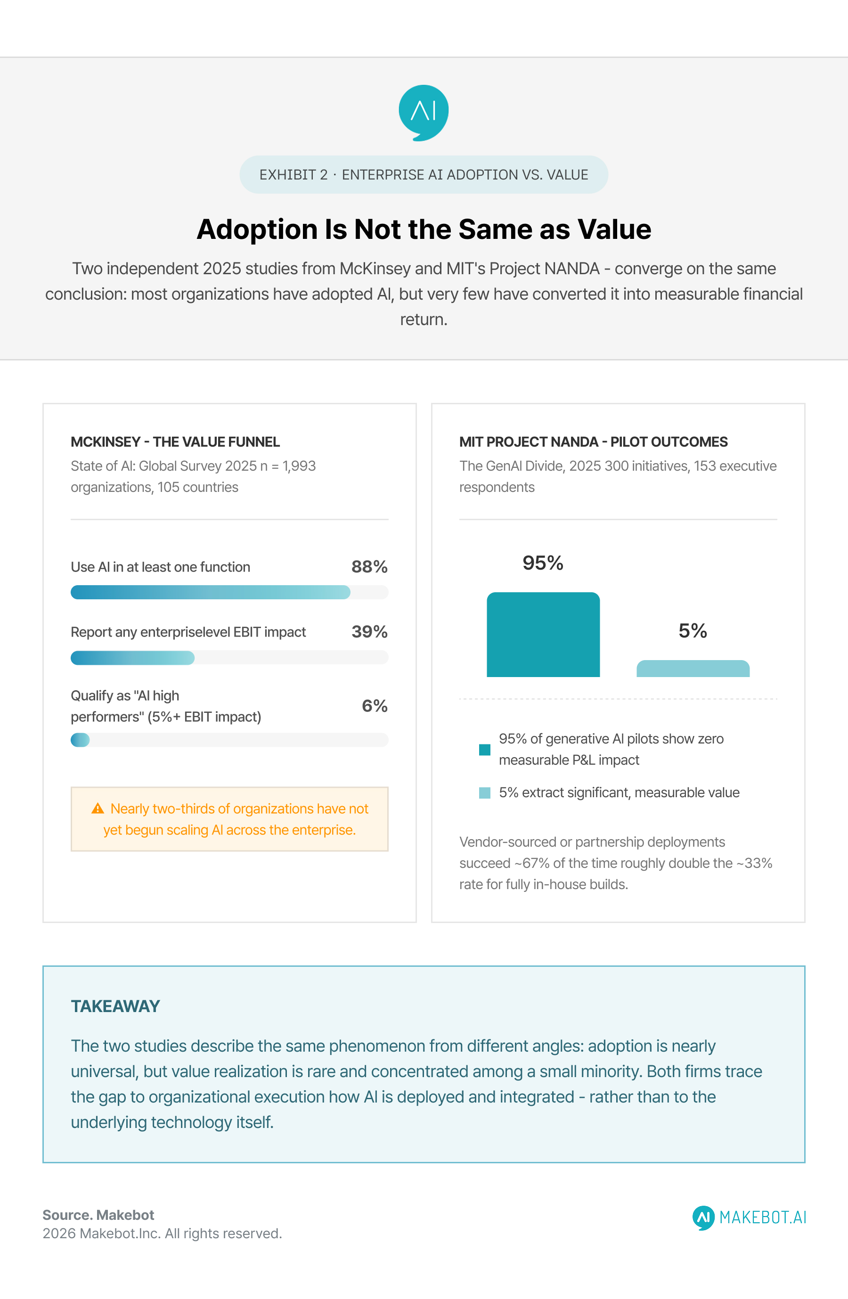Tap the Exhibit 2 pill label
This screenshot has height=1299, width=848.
click(424, 175)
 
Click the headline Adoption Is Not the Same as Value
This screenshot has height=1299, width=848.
click(424, 229)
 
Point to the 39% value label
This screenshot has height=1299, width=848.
click(369, 631)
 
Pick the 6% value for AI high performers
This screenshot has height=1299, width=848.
click(375, 706)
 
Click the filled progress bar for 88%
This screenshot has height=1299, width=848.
click(211, 592)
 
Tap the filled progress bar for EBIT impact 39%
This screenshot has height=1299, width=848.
click(132, 658)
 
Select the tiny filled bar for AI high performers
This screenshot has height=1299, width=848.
click(80, 740)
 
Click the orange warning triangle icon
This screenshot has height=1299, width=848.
click(98, 809)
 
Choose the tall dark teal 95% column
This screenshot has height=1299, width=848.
click(543, 635)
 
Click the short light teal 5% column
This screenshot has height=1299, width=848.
click(693, 669)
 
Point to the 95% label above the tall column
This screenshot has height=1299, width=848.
click(543, 563)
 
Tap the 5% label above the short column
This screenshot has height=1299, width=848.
click(693, 630)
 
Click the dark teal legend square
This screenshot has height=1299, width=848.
click(485, 749)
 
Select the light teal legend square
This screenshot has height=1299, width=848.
click(485, 792)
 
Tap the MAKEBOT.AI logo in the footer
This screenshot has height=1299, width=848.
click(749, 1217)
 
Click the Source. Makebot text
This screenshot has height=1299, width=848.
click(98, 1215)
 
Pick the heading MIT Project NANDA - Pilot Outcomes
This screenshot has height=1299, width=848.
click(594, 441)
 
